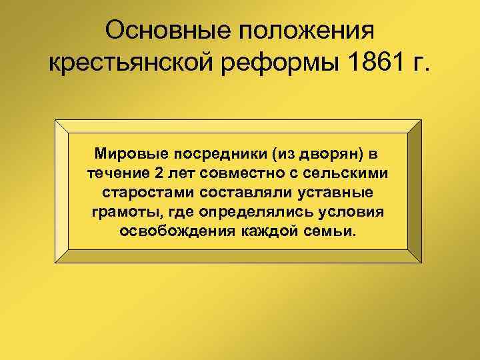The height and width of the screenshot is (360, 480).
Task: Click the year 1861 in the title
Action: tap(365, 65)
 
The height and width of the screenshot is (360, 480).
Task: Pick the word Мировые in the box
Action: tap(130, 155)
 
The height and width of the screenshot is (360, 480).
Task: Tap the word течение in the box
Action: tap(114, 173)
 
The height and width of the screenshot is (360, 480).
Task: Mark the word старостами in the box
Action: tap(140, 193)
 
